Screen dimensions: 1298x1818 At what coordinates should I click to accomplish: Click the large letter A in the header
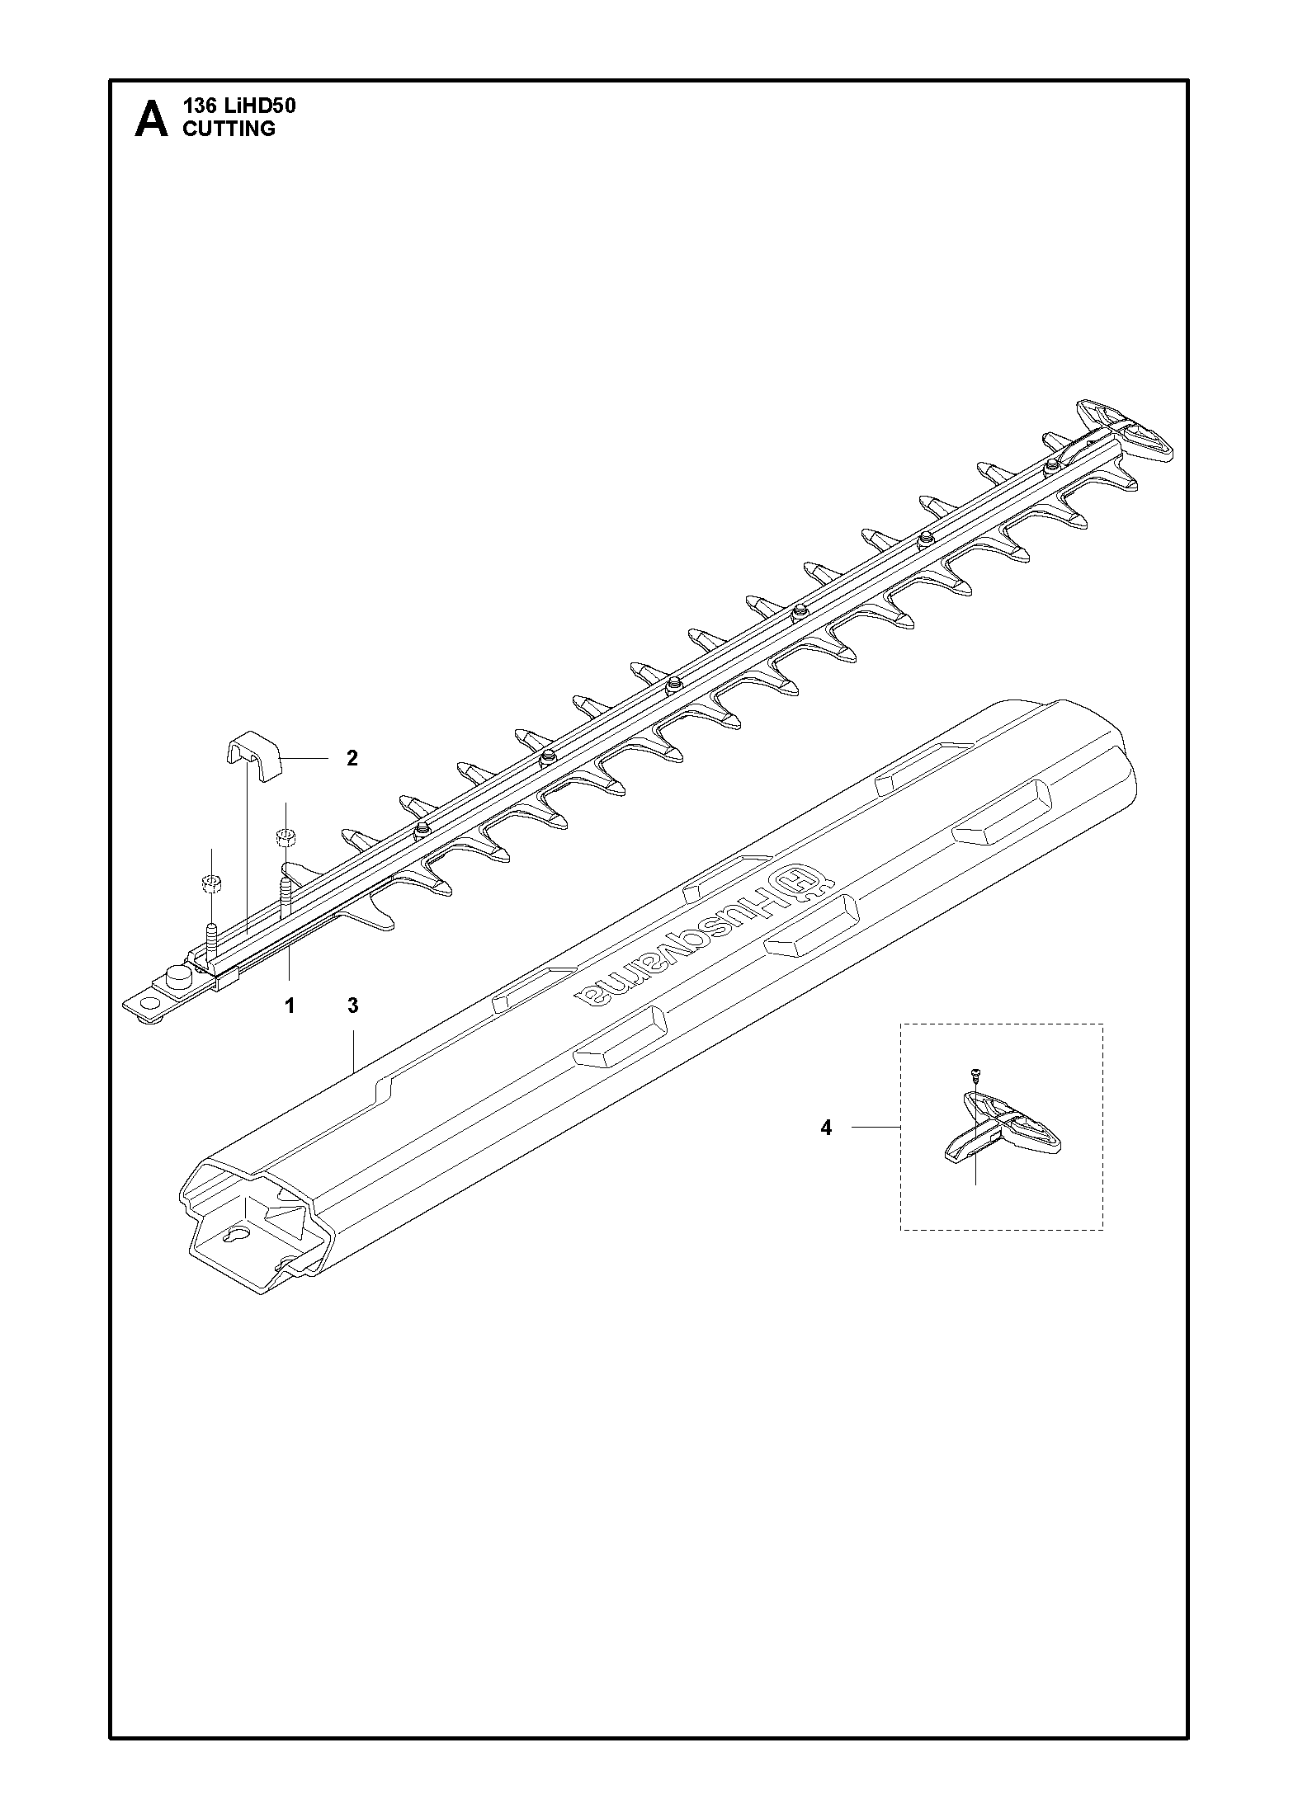tap(151, 120)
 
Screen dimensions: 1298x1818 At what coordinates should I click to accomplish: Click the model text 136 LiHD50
tap(239, 106)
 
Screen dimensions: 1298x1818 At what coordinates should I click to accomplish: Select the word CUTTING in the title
tap(229, 129)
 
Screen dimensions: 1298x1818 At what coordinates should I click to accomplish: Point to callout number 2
tap(352, 758)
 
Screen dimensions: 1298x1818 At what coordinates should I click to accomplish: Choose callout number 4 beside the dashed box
tap(826, 1128)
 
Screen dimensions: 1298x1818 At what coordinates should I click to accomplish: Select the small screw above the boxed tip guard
tap(975, 1075)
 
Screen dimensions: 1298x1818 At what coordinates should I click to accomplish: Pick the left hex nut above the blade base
tap(211, 884)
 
